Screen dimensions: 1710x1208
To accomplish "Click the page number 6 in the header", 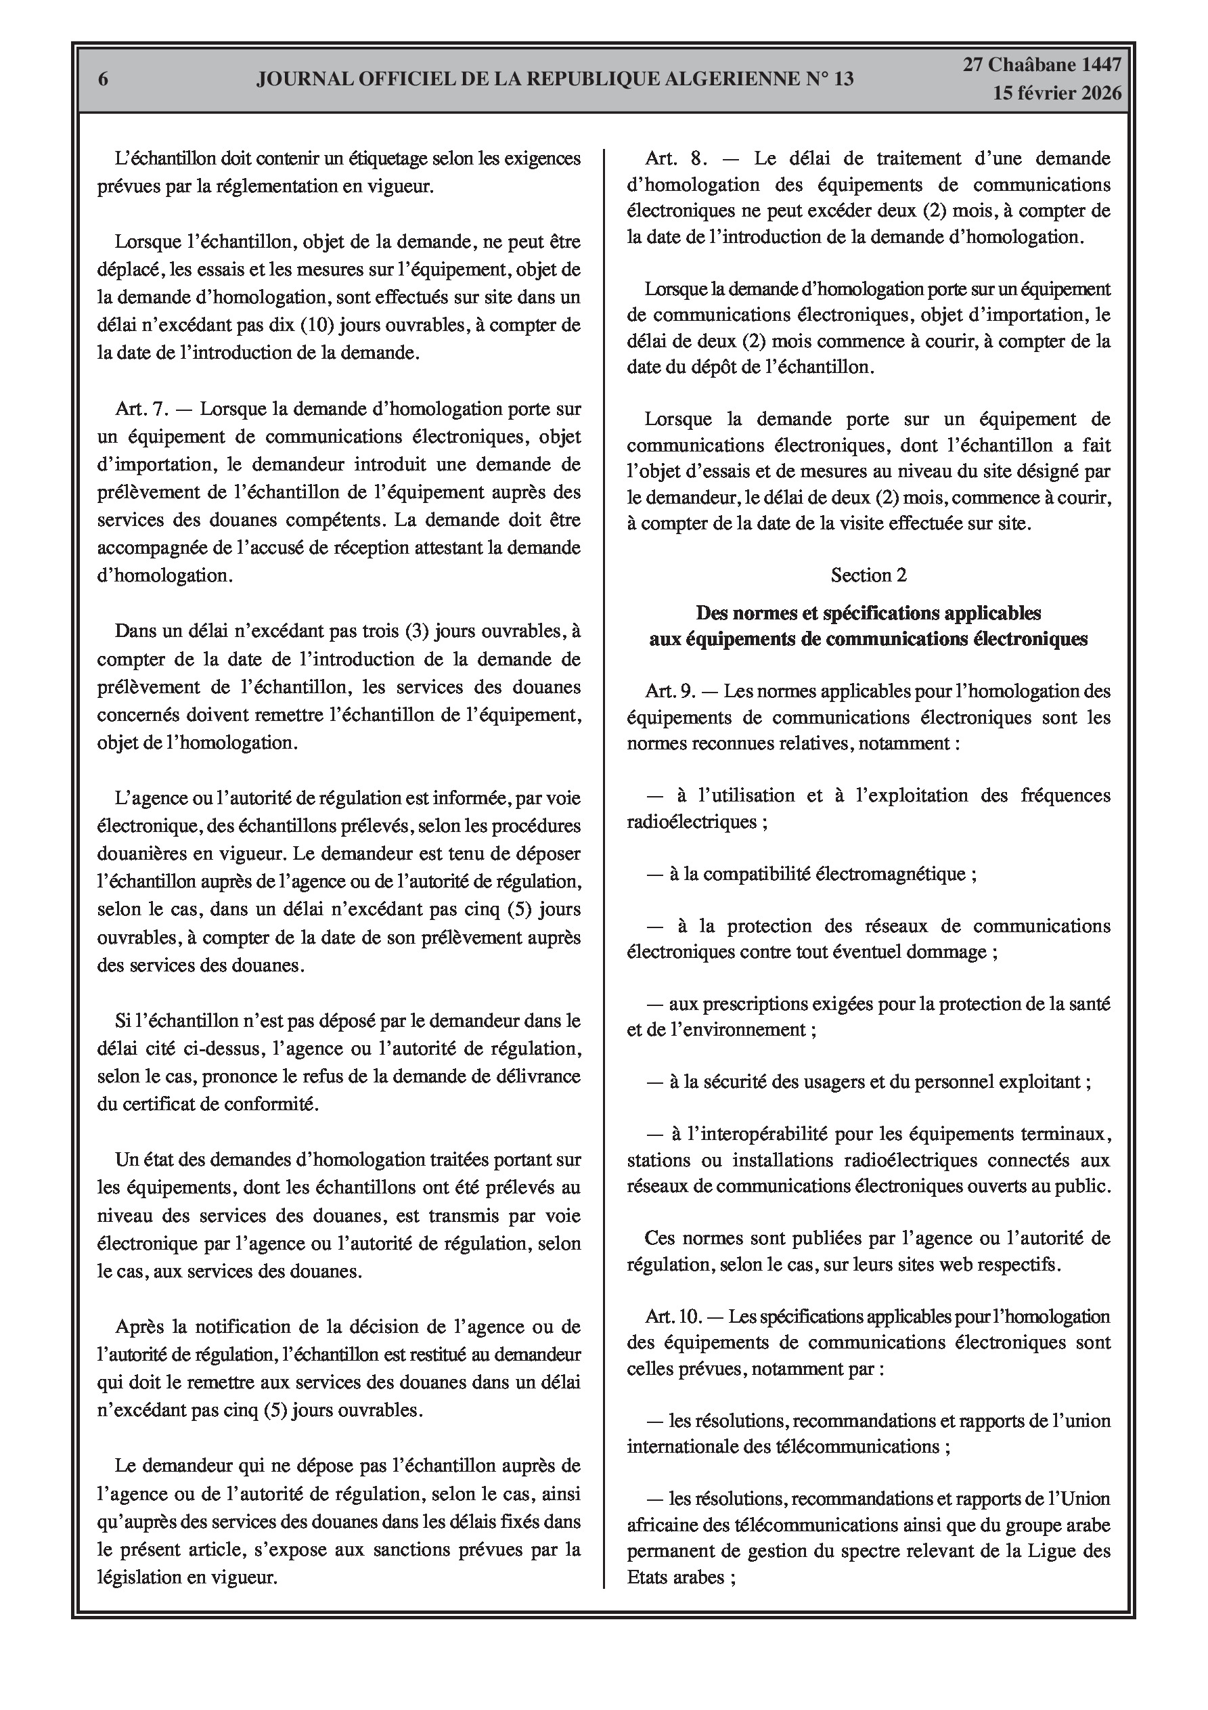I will coord(104,80).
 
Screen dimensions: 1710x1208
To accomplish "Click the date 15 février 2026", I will coord(1057,93).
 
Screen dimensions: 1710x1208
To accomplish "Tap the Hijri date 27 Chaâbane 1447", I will coord(1042,65).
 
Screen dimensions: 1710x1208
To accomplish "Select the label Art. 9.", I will coord(670,690).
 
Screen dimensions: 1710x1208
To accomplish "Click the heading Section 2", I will coord(868,575).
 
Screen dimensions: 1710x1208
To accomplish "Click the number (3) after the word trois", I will coord(416,631).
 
